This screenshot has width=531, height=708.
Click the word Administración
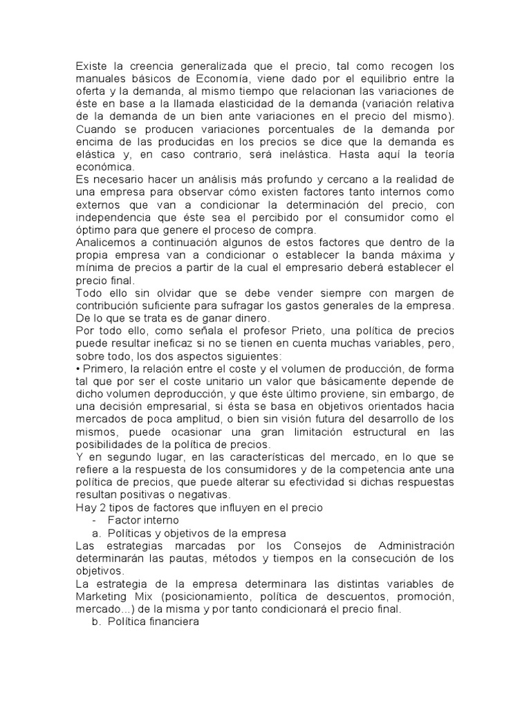click(x=407, y=546)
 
